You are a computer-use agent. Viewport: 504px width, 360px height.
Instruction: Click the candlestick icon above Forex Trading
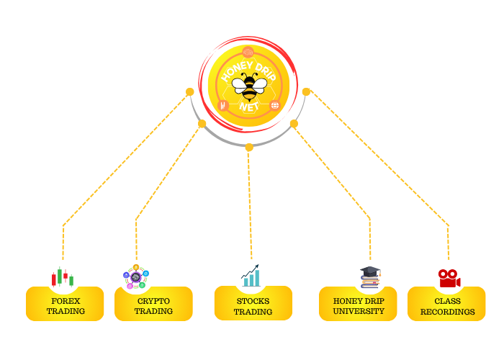63,277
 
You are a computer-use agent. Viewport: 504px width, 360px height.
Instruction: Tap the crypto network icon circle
136,277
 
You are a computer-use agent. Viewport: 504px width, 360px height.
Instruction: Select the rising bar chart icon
251,276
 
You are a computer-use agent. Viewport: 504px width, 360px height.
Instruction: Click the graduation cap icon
369,276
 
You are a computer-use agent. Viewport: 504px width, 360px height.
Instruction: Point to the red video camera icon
449,277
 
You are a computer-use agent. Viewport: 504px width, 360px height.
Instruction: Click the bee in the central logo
249,86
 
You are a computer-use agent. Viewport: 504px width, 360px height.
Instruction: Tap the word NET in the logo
249,107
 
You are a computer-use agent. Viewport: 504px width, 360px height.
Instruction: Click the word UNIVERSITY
359,311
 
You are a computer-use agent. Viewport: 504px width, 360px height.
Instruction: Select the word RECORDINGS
447,312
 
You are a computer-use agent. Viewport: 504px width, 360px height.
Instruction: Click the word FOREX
66,300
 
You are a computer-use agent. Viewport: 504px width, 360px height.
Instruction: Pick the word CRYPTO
153,300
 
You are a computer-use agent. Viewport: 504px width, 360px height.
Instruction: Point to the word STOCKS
253,300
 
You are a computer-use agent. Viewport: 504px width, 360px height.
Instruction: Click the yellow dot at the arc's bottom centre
249,147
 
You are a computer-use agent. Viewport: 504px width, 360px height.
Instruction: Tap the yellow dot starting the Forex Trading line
190,91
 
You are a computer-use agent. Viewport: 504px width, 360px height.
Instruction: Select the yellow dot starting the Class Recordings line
306,91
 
